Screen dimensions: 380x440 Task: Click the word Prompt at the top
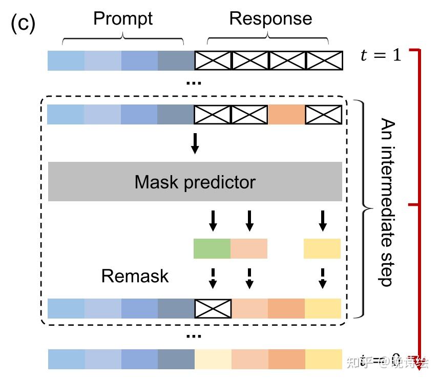[x=123, y=19]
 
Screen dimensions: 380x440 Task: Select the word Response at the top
[x=270, y=19]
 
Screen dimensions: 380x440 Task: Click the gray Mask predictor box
[x=195, y=182]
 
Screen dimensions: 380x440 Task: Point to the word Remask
[x=135, y=276]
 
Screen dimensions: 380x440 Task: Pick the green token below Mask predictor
[x=212, y=248]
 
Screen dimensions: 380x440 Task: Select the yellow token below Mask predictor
[x=322, y=248]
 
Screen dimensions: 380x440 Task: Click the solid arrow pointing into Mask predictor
[x=195, y=143]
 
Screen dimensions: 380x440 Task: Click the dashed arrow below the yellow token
[x=322, y=277]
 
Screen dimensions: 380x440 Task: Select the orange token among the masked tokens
[x=286, y=115]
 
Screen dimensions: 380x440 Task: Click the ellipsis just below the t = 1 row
[x=194, y=82]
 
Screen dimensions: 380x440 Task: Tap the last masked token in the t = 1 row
[x=324, y=60]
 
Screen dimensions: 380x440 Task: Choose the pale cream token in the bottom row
[x=213, y=359]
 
